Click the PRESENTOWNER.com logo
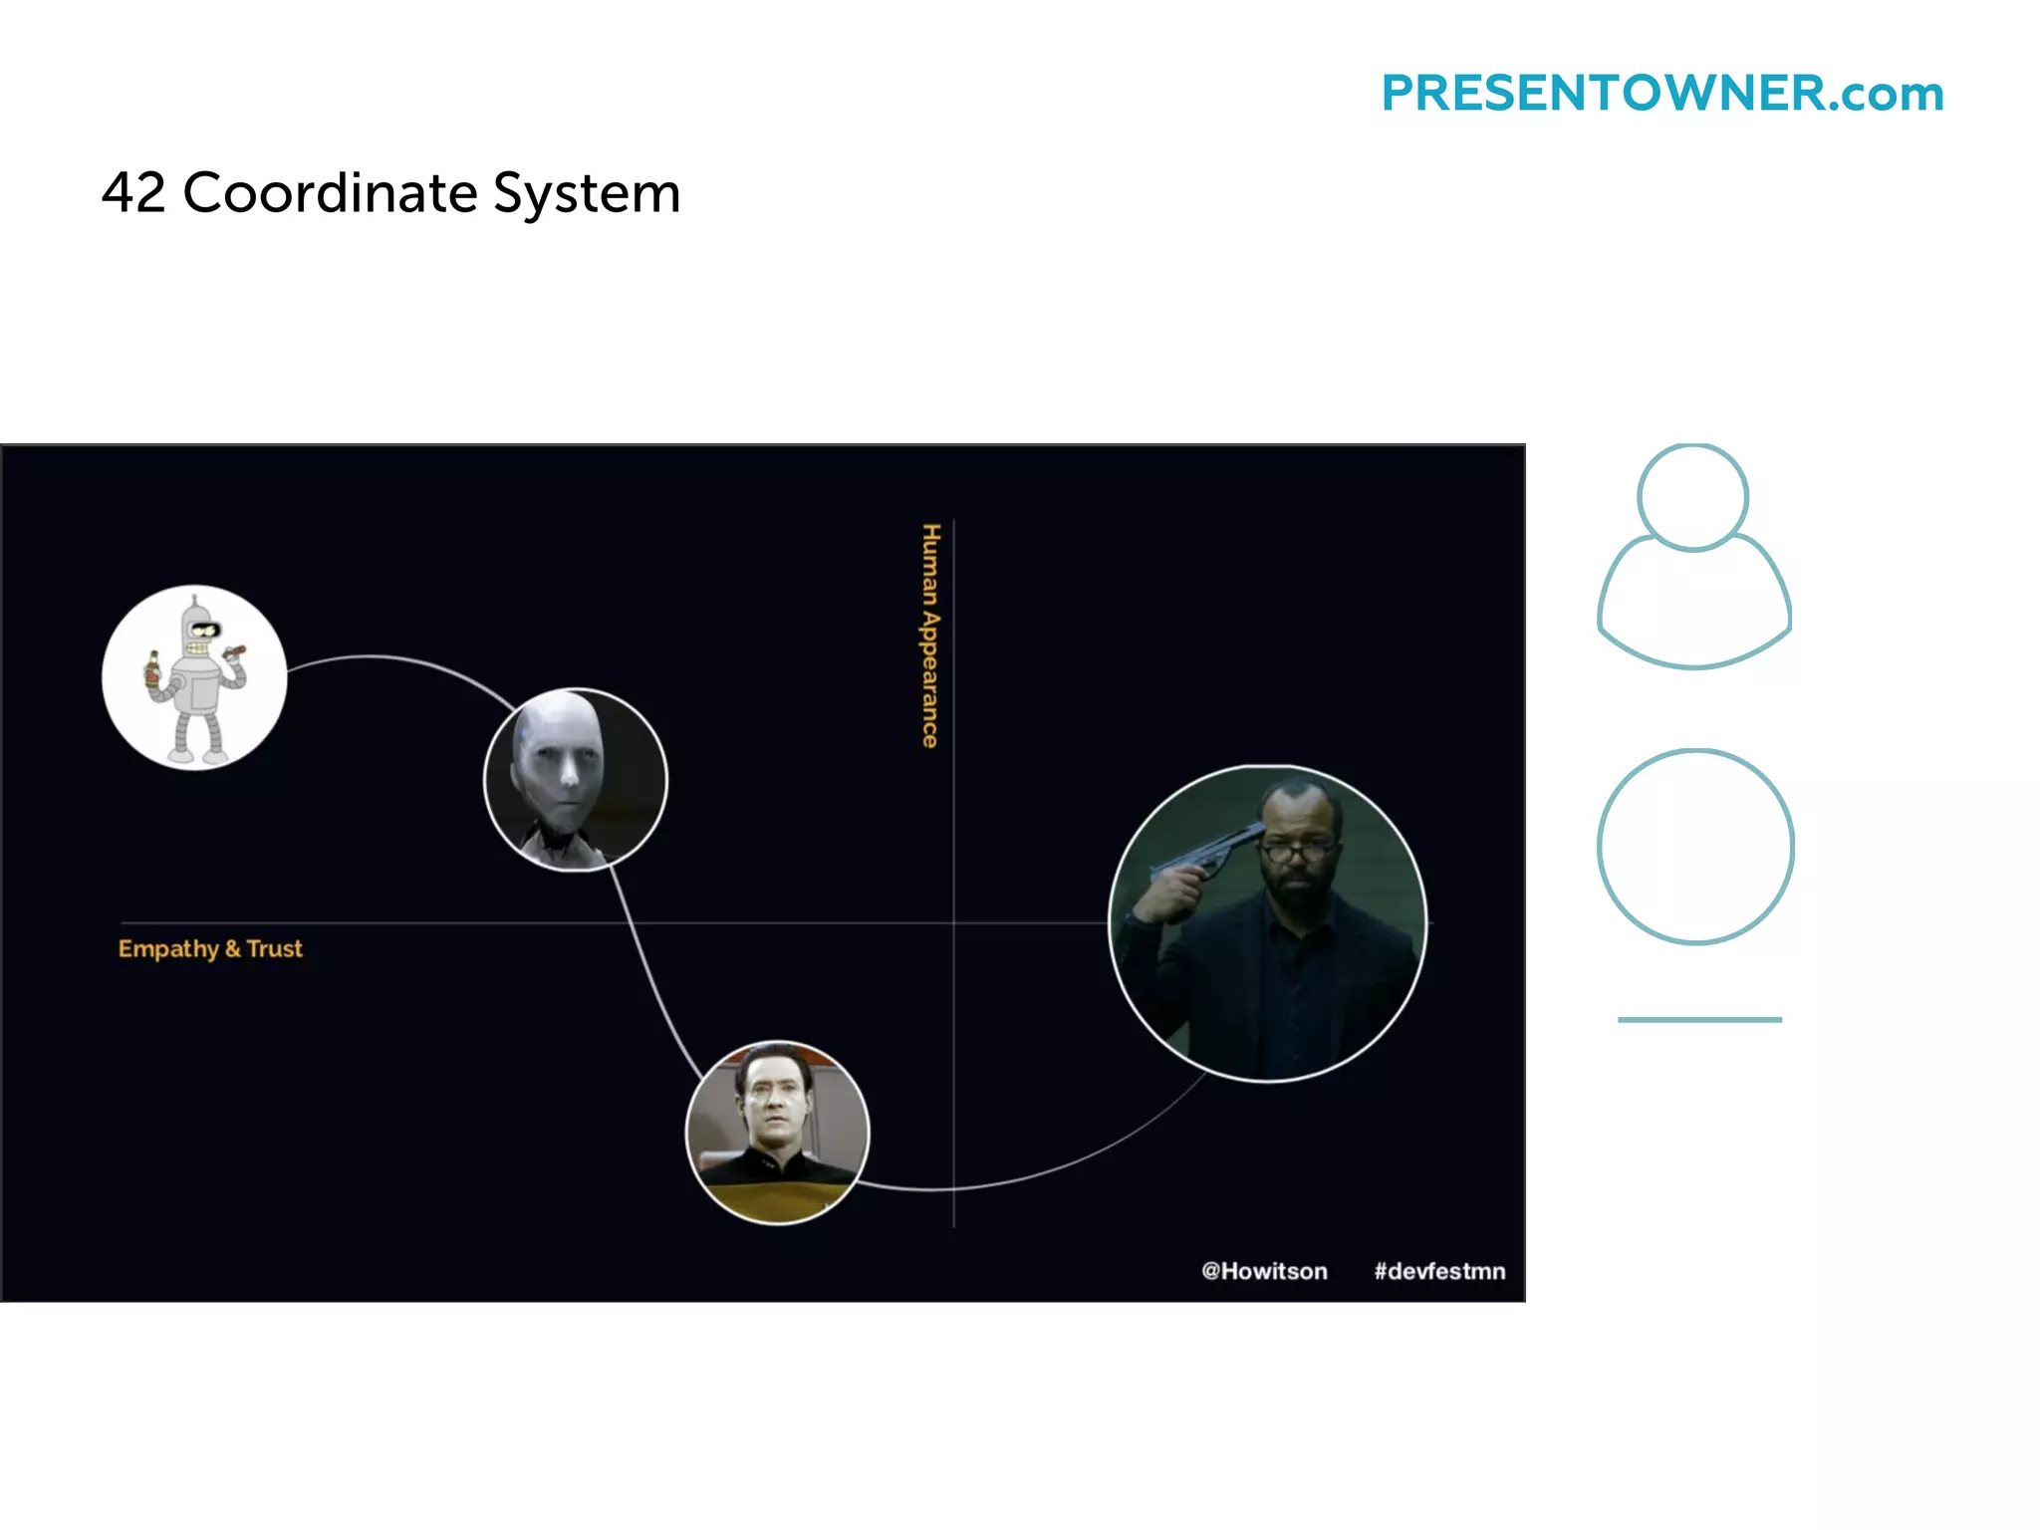coord(1661,94)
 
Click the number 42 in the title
coord(133,192)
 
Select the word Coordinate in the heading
coord(330,192)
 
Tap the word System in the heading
coord(587,194)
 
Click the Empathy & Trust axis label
coord(210,948)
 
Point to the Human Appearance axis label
coord(929,636)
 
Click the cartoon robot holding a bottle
coord(195,677)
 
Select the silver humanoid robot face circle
coord(575,779)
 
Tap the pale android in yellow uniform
coord(777,1133)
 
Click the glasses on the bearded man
coord(1295,853)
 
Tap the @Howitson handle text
coord(1264,1271)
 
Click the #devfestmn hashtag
coord(1439,1271)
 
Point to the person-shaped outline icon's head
coord(1692,497)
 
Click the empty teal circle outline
coord(1695,847)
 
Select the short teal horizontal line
coord(1699,1019)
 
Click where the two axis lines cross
coord(954,923)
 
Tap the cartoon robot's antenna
coord(195,602)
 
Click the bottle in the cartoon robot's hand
coord(152,670)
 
